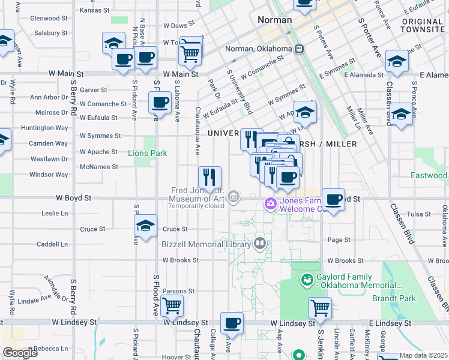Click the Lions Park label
point(148,153)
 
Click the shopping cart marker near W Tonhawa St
point(190,51)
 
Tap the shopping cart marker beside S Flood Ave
point(172,305)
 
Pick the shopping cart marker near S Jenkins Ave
point(321,308)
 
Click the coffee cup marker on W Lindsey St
point(232,323)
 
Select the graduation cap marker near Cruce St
point(145,226)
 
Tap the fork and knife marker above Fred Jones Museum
point(209,177)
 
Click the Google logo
point(20,353)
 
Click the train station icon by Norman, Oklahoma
point(298,50)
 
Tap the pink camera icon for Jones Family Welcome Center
point(271,205)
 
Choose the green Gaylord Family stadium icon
point(307,278)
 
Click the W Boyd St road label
point(76,197)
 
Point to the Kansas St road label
point(95,10)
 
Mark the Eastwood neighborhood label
point(429,176)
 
